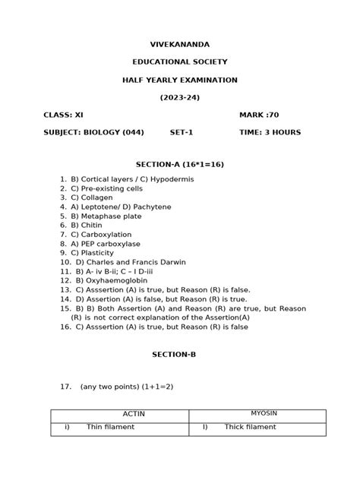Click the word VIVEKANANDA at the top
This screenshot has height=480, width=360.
(x=179, y=45)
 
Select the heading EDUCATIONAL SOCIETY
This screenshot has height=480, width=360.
(x=179, y=62)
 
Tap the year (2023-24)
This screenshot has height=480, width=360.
(x=179, y=97)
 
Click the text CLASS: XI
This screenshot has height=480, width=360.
(x=64, y=115)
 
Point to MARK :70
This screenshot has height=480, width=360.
(x=259, y=115)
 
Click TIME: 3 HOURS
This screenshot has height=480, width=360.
(x=270, y=132)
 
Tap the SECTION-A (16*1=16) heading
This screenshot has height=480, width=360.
(x=179, y=164)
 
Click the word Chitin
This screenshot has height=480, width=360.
(x=90, y=226)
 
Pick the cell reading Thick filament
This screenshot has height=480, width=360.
(x=250, y=428)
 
